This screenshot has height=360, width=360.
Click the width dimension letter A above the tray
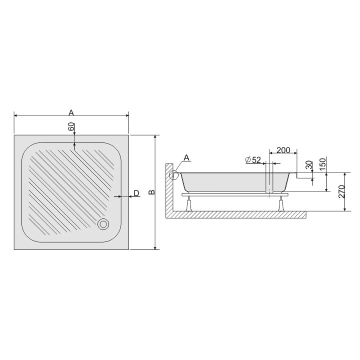click(71, 112)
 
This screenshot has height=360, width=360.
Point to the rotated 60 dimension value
click(71, 127)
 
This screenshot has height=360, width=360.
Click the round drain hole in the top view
click(104, 224)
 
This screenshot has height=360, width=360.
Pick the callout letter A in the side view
click(186, 158)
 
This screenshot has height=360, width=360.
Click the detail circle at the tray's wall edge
click(174, 175)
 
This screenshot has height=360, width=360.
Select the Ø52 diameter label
click(253, 160)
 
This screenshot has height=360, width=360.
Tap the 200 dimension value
click(283, 150)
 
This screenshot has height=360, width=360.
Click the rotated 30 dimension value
click(308, 164)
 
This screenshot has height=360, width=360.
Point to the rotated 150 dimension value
click(322, 163)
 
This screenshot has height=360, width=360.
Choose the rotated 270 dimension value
click(341, 191)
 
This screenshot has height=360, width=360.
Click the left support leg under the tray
click(189, 203)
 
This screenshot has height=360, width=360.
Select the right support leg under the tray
click(281, 203)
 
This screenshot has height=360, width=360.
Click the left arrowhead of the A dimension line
click(16, 116)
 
